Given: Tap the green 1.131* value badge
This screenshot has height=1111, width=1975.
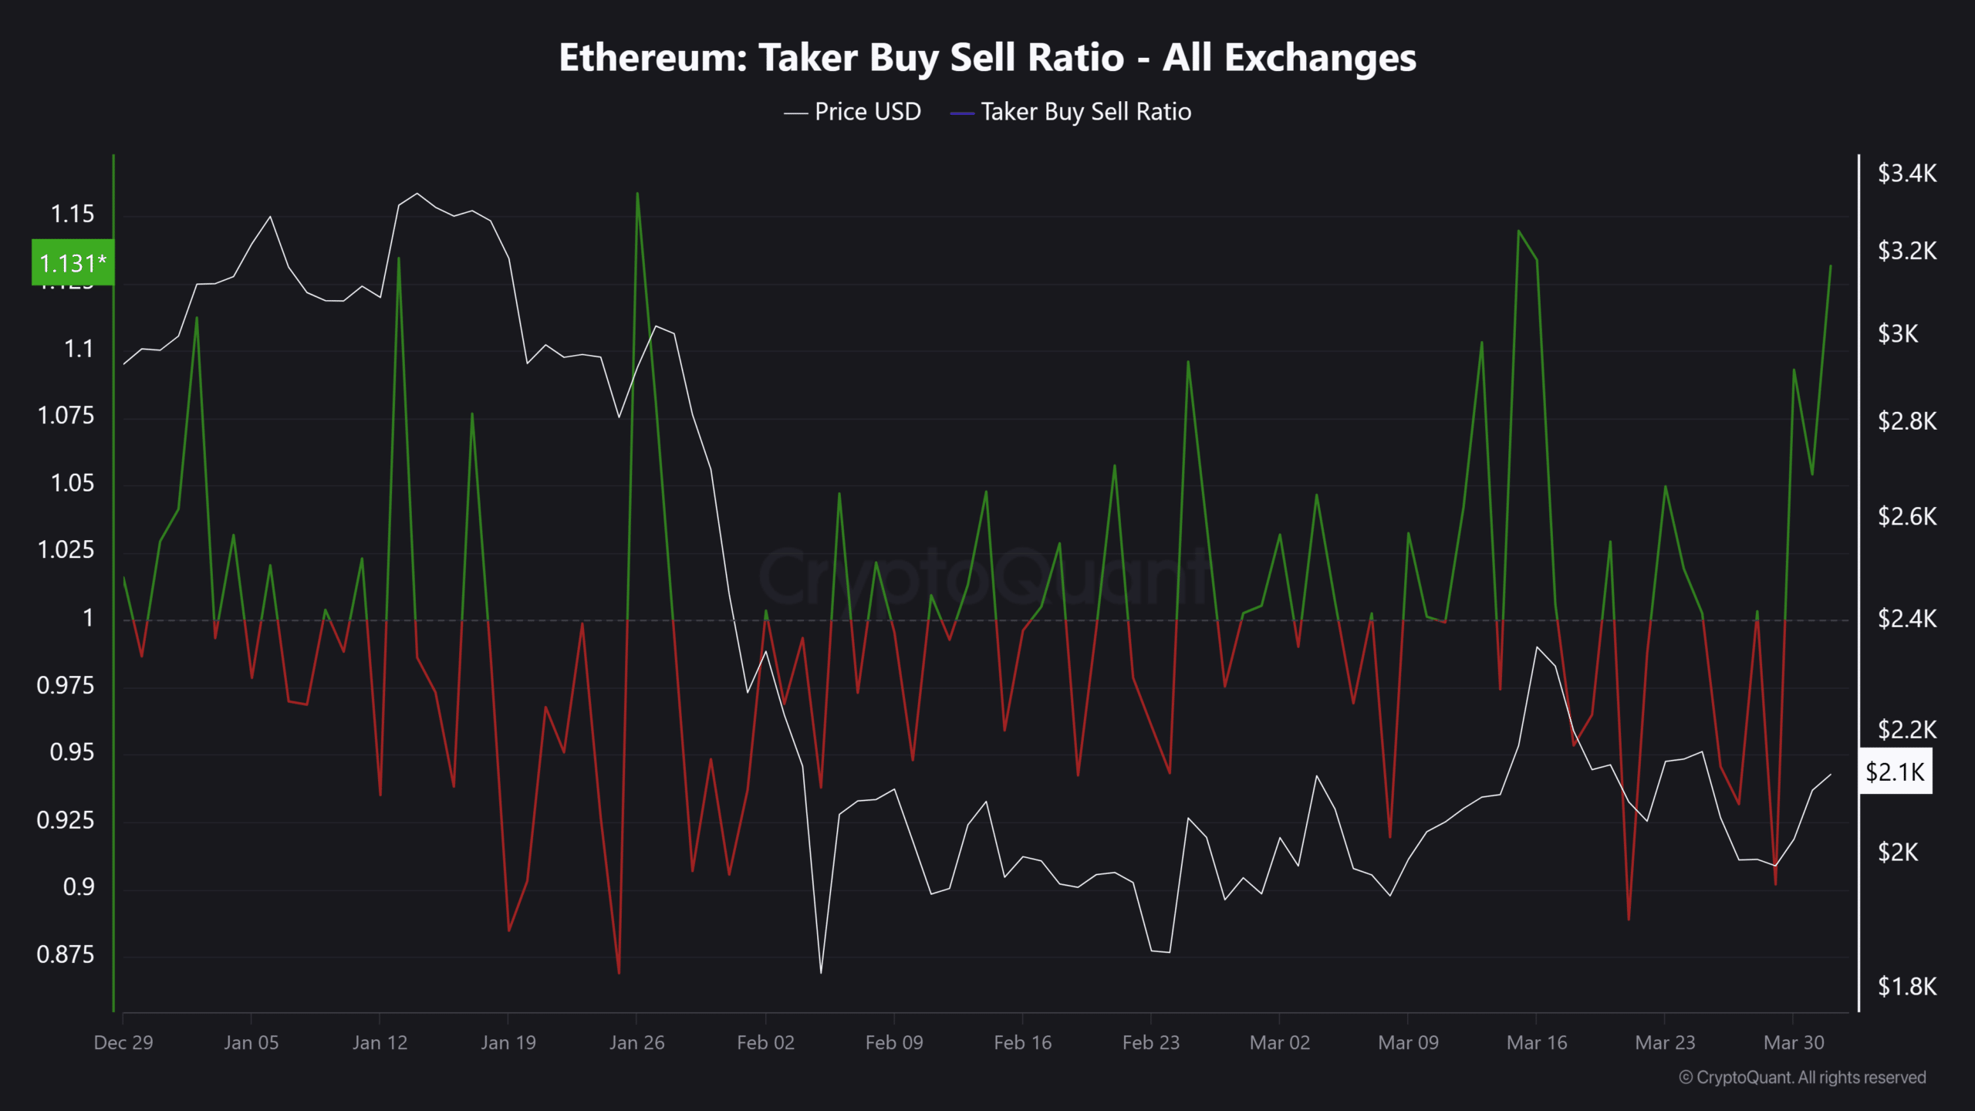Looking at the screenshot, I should tap(73, 263).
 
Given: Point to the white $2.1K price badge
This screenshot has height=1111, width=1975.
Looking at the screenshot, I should tap(1895, 772).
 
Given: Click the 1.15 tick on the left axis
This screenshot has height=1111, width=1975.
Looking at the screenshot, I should tap(73, 214).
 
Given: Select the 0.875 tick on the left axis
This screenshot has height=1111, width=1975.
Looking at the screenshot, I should tap(66, 954).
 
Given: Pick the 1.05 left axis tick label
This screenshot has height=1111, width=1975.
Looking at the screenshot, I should tap(73, 483).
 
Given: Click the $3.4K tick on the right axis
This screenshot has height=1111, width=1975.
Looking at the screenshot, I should tap(1906, 173).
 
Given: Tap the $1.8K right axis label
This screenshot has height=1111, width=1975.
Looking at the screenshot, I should tap(1906, 986).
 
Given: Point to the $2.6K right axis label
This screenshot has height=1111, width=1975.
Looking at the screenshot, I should tap(1906, 516).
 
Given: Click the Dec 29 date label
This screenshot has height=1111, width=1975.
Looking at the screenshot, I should tap(123, 1042).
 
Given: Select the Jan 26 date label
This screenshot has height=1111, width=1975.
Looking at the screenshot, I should tap(636, 1042).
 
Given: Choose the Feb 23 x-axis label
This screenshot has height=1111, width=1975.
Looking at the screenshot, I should tap(1150, 1042).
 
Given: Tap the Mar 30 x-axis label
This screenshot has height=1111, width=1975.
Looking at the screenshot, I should tap(1794, 1042).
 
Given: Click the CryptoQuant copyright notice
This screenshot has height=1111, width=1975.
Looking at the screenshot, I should tap(1802, 1077).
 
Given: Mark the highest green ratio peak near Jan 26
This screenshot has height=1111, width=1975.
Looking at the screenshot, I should tap(637, 194).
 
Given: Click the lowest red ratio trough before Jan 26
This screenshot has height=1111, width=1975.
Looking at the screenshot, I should tap(619, 973).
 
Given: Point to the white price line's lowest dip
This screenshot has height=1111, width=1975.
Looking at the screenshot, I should tap(821, 972).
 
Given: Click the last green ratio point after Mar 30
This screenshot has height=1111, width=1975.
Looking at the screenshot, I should tap(1830, 266).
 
